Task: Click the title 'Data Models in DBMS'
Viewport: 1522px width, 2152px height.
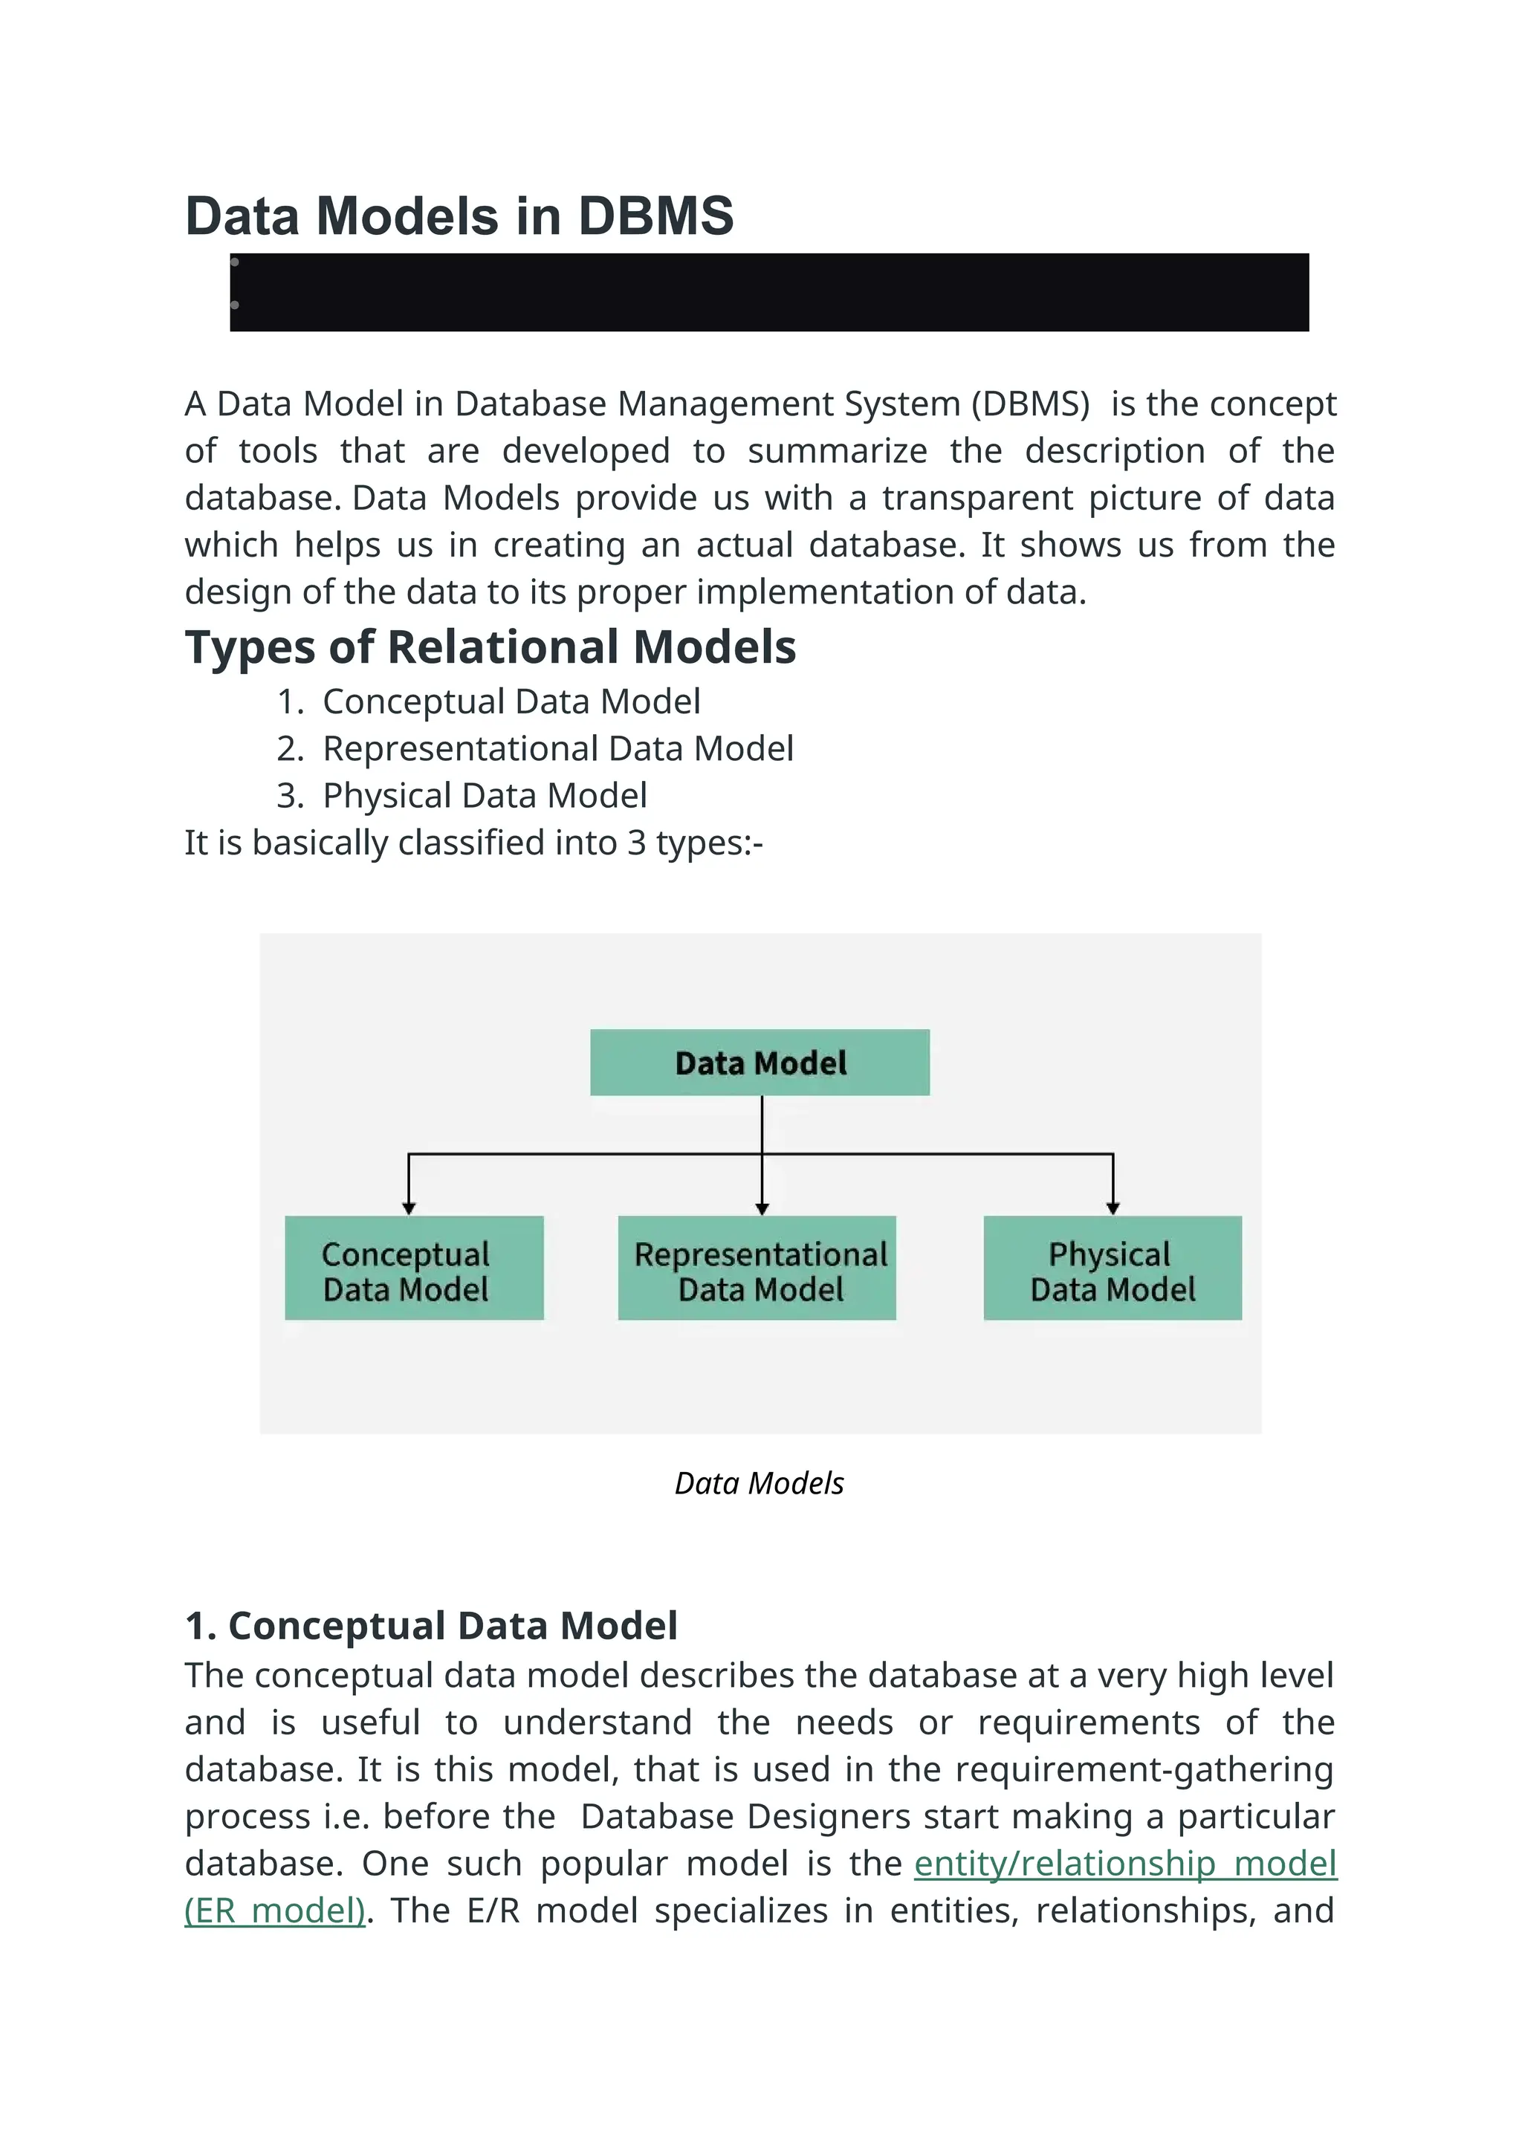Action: [459, 216]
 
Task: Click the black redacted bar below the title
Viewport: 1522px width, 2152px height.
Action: [768, 293]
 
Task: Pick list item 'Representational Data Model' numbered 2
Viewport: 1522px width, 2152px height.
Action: [557, 749]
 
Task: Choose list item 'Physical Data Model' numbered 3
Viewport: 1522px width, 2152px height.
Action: [485, 796]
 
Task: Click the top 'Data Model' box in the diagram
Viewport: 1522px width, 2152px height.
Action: [760, 1063]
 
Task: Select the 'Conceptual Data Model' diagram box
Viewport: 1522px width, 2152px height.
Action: [414, 1268]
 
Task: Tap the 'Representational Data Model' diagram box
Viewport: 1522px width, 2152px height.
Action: [757, 1268]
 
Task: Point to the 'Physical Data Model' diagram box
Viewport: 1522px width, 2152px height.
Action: [1113, 1268]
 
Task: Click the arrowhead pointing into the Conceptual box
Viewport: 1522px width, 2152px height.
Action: [409, 1208]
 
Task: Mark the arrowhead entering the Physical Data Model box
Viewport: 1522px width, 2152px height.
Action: [1113, 1208]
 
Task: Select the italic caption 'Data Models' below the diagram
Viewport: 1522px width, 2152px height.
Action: [759, 1484]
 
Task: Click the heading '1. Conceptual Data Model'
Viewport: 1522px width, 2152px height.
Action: [431, 1626]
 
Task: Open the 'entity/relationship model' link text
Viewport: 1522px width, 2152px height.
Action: [1124, 1864]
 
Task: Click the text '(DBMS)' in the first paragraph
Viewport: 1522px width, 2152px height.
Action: [1030, 404]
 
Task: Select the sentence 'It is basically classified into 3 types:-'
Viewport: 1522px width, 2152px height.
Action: [473, 843]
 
